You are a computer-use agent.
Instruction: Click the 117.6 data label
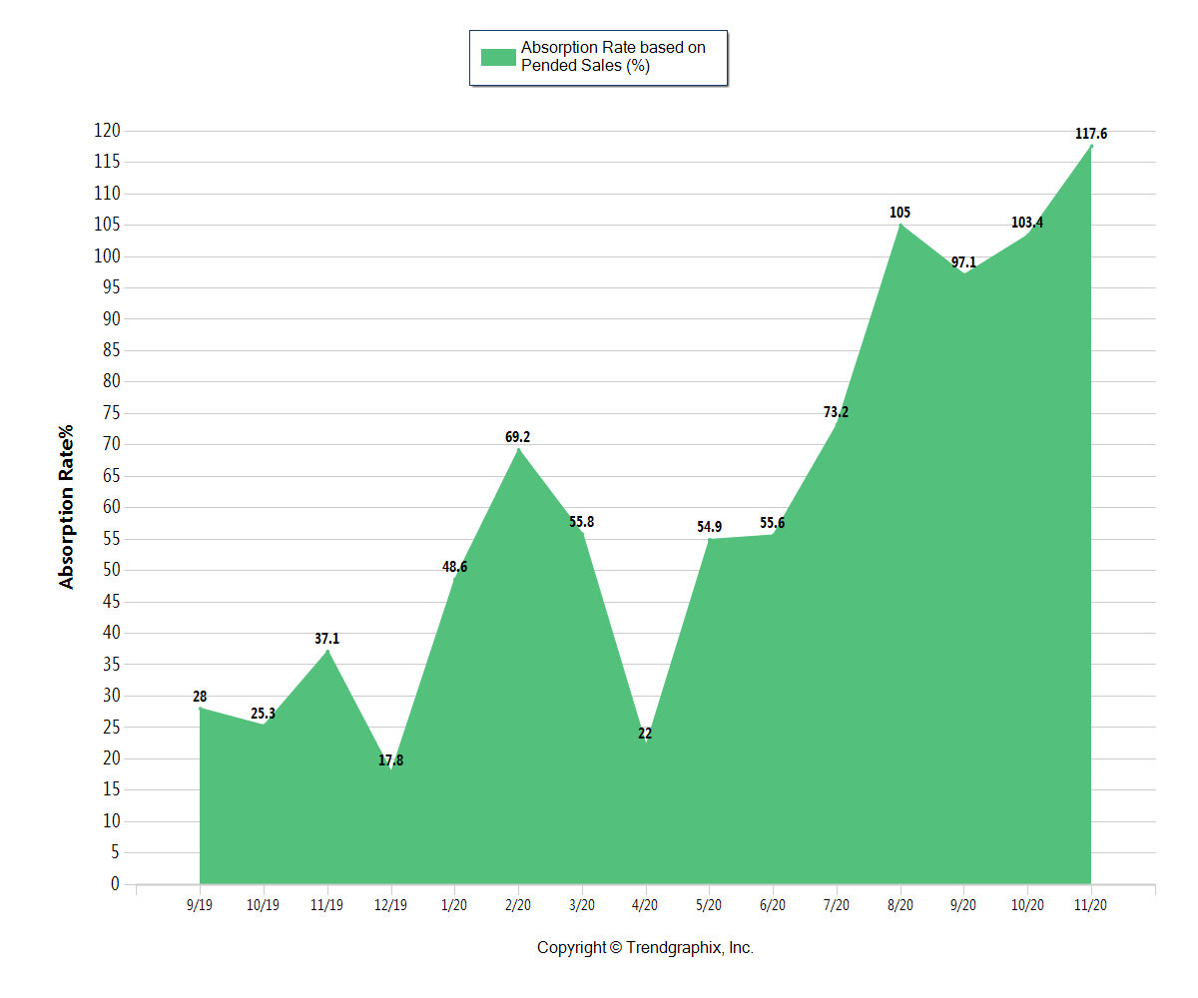tap(1091, 134)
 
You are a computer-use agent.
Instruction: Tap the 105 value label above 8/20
tap(900, 213)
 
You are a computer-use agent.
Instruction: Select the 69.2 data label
tap(518, 437)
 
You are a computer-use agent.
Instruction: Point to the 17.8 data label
tap(391, 760)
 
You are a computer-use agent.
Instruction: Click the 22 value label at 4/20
tap(645, 734)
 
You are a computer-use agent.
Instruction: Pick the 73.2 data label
tap(837, 412)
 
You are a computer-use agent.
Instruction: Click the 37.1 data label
tap(327, 639)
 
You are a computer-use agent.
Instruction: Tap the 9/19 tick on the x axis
tap(200, 905)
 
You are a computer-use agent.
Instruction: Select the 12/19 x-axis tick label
tap(391, 905)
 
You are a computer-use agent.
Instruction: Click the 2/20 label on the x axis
tap(518, 905)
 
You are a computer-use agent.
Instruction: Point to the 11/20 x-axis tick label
tap(1091, 905)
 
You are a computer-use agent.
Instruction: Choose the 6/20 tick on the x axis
tap(773, 905)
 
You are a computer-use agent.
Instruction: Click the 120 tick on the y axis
tap(107, 131)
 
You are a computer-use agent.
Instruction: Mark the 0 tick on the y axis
tap(115, 884)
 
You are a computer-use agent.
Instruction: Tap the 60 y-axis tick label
tap(111, 507)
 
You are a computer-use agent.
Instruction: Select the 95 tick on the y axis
tap(111, 287)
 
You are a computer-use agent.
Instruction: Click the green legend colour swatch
tap(498, 57)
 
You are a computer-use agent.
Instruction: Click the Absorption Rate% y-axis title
tap(67, 508)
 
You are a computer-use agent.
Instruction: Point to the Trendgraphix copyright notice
tap(645, 948)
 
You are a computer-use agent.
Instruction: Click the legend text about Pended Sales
tap(613, 57)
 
